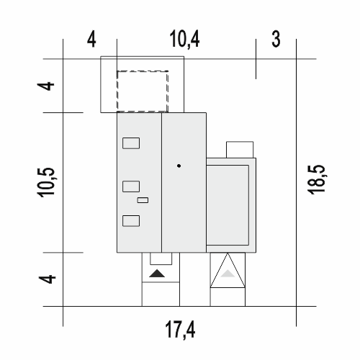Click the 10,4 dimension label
coord(184,39)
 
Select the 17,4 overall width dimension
coord(180,330)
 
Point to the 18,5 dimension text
coord(316,179)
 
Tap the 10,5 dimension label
coord(46,182)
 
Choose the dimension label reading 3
coord(276,39)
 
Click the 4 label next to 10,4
coord(91,40)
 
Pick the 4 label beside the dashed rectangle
coord(46,86)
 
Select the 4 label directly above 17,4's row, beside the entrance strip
coord(48,279)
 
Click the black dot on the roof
coord(179,166)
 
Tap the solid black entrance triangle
coord(157,274)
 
